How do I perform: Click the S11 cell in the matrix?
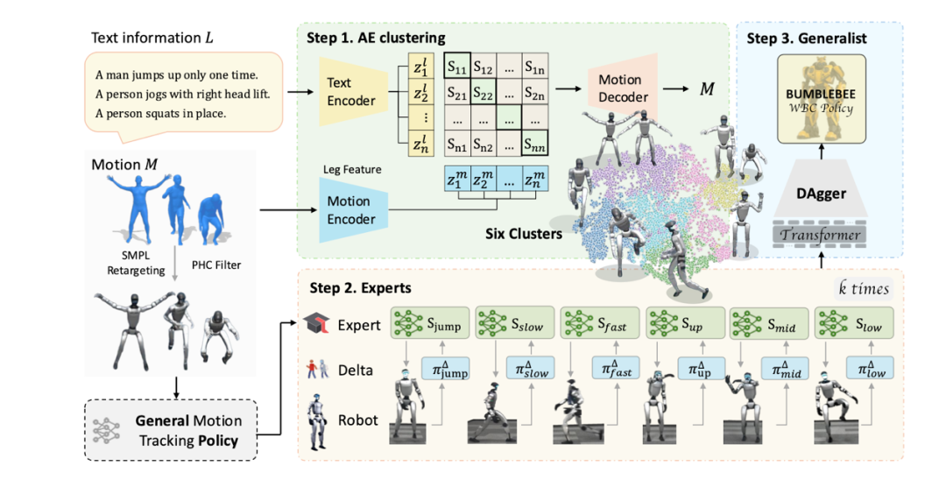coord(457,66)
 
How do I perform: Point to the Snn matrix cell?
coord(535,143)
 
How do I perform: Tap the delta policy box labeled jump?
coord(445,369)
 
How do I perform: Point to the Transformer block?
coord(820,235)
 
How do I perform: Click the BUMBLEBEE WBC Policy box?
coord(820,98)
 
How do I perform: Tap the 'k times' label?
coord(863,289)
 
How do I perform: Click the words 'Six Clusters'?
coord(524,235)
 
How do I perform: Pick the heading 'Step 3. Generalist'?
coord(806,38)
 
